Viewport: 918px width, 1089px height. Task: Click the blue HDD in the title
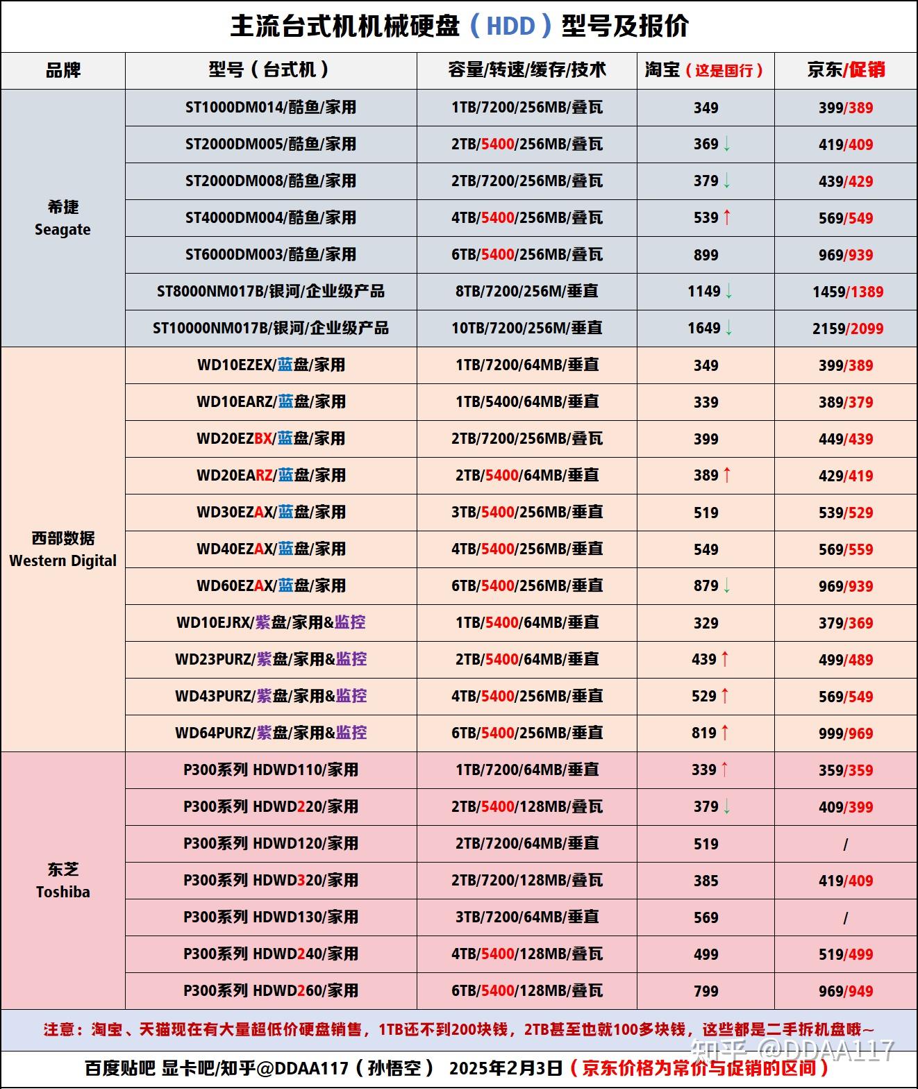(510, 26)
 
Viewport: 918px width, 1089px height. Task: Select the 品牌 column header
(63, 70)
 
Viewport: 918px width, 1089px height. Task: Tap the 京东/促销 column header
(846, 70)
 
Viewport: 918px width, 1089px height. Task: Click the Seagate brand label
(62, 219)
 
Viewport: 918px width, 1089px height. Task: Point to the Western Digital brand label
(62, 549)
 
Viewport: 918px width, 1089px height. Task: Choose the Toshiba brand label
(62, 881)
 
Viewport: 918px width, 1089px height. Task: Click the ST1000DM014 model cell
(271, 108)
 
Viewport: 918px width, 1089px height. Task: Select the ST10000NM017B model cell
(271, 328)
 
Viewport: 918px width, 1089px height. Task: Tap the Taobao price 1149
(704, 292)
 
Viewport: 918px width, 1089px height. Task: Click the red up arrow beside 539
(727, 217)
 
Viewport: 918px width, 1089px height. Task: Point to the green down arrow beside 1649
(729, 328)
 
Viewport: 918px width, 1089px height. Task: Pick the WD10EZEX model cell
(271, 365)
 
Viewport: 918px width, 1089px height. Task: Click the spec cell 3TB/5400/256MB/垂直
(527, 512)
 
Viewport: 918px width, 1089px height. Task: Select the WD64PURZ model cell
(271, 733)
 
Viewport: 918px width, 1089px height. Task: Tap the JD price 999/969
(846, 733)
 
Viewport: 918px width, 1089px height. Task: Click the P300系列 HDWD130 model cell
(271, 917)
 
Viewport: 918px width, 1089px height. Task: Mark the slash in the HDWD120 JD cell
(846, 844)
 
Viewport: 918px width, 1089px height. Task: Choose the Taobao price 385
(706, 881)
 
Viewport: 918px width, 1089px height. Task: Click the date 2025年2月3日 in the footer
(506, 1068)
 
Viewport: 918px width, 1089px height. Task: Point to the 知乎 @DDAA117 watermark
(792, 1049)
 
